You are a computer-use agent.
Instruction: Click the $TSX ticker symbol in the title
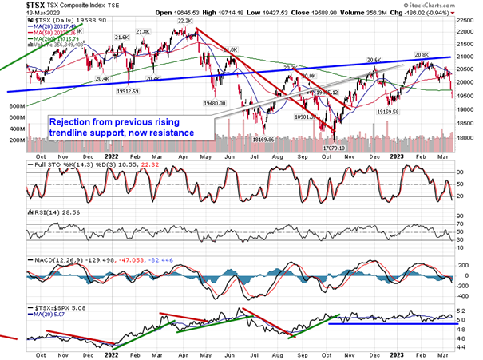click(16, 5)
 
